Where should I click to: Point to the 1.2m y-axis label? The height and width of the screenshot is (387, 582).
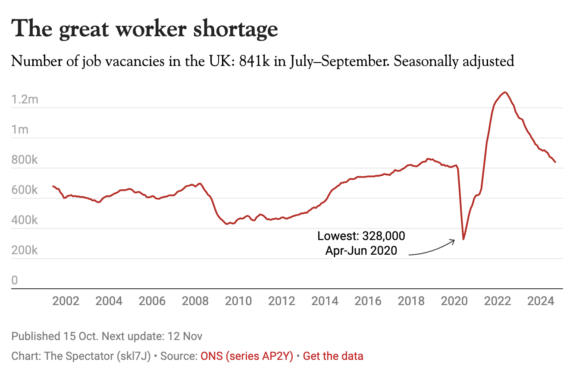click(x=25, y=100)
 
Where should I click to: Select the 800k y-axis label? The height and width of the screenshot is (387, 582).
click(x=25, y=160)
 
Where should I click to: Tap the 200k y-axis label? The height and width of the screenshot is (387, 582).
click(x=25, y=250)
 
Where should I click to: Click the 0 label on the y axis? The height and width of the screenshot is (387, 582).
click(x=15, y=281)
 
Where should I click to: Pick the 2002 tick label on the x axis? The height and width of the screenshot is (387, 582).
click(x=66, y=301)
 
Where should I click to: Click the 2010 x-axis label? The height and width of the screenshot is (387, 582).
click(x=238, y=301)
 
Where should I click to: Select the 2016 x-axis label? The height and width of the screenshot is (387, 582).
click(x=368, y=301)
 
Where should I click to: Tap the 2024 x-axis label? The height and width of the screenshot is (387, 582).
click(x=541, y=301)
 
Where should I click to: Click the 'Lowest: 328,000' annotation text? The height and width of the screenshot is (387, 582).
click(x=361, y=236)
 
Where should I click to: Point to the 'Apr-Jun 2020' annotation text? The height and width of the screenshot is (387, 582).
click(x=361, y=251)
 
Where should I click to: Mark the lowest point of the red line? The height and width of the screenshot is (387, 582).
click(x=463, y=239)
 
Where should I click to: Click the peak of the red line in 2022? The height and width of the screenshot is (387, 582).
click(x=505, y=92)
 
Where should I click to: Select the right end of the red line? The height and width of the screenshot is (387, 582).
click(x=555, y=162)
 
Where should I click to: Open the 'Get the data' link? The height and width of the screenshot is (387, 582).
click(x=333, y=356)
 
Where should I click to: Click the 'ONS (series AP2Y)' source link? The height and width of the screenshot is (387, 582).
click(x=247, y=356)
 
